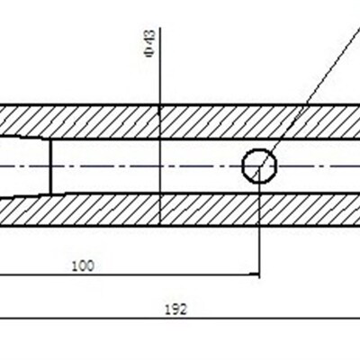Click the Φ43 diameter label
[x=149, y=43]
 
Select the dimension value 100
[x=83, y=266]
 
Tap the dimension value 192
[x=176, y=310]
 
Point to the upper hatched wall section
[x=180, y=122]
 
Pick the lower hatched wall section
[x=180, y=209]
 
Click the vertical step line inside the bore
[x=50, y=166]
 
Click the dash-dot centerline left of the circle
[x=121, y=166]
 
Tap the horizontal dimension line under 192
[x=180, y=319]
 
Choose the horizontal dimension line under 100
[x=130, y=274]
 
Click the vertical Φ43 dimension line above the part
[x=160, y=67]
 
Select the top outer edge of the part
[x=180, y=105]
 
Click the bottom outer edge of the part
[x=180, y=226]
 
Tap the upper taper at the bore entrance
[x=25, y=136]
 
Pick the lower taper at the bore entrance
[x=25, y=196]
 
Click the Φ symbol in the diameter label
[x=149, y=52]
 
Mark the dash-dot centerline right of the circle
[x=319, y=166]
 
